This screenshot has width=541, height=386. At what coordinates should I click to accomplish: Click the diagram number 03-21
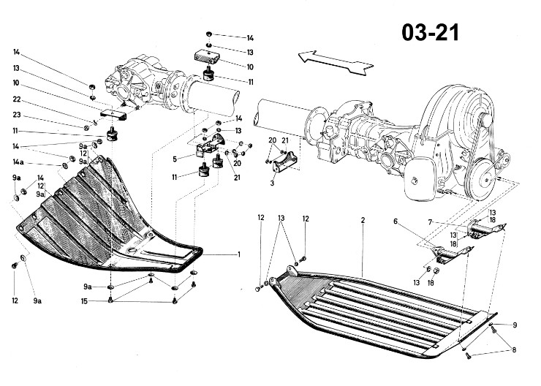(431, 33)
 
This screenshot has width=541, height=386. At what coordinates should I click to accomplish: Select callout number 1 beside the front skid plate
(239, 255)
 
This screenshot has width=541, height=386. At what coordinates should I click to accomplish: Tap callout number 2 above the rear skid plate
(363, 220)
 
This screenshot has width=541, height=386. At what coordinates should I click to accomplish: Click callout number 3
(272, 183)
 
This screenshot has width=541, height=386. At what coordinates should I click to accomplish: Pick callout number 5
(175, 159)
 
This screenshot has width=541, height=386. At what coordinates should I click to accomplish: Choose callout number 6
(396, 221)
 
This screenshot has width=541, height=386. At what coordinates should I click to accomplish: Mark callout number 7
(430, 222)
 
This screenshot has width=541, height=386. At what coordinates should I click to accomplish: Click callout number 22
(17, 99)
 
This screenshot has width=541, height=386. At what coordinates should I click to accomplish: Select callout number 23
(17, 115)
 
